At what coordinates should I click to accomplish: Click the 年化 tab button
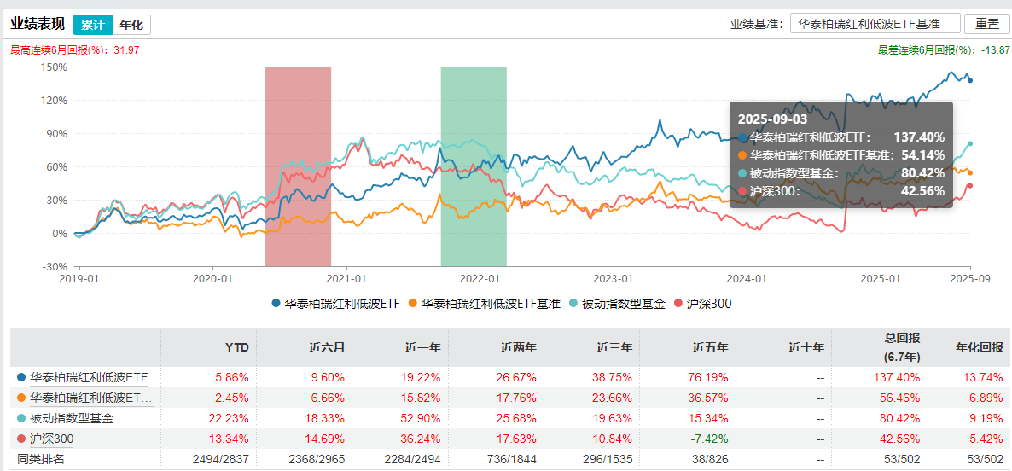131,25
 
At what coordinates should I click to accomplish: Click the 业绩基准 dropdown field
875,24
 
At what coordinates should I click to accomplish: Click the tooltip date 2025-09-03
772,119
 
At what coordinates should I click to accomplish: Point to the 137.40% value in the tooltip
919,137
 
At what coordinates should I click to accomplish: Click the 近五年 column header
710,347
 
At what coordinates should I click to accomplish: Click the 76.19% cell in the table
710,376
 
